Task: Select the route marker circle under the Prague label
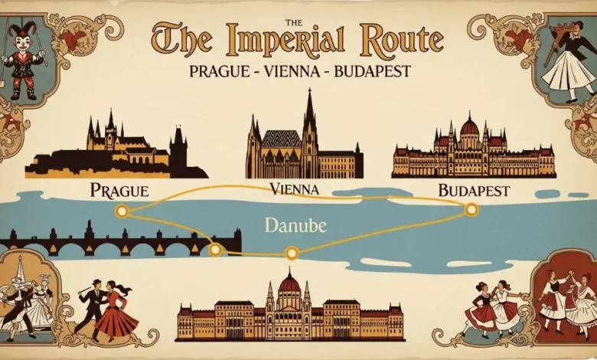(121, 210)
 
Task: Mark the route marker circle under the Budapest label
(471, 208)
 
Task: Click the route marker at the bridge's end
(216, 249)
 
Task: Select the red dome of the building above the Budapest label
(469, 126)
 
